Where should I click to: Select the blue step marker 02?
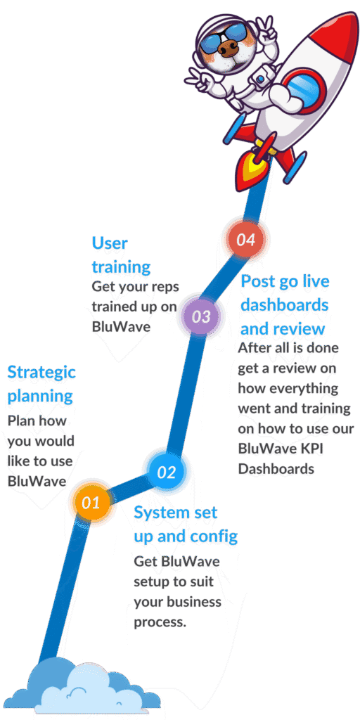(166, 472)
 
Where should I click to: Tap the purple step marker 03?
(200, 316)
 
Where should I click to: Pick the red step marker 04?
(245, 239)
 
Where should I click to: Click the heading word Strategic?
(41, 373)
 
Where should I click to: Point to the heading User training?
(121, 255)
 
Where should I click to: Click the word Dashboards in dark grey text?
(276, 469)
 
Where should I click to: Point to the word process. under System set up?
(160, 623)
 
